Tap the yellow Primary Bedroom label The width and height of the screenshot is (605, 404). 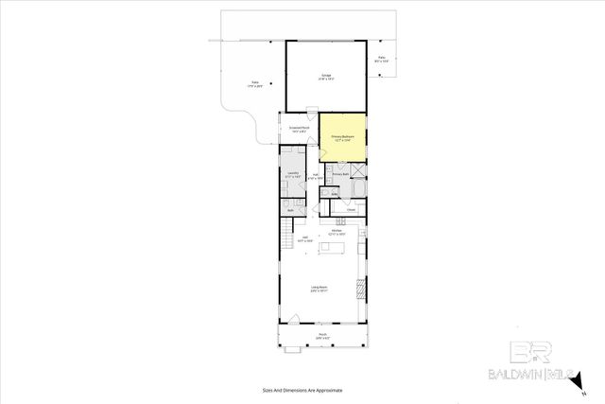click(x=342, y=138)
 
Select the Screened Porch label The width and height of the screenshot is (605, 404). click(x=297, y=130)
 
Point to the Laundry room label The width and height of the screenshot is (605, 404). click(x=294, y=175)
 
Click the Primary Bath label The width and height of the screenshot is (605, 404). click(x=341, y=175)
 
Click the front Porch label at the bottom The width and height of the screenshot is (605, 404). click(x=322, y=336)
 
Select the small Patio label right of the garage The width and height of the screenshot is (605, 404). click(x=382, y=60)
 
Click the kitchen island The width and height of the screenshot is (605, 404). click(x=333, y=248)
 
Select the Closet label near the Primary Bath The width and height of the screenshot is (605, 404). click(x=351, y=210)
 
